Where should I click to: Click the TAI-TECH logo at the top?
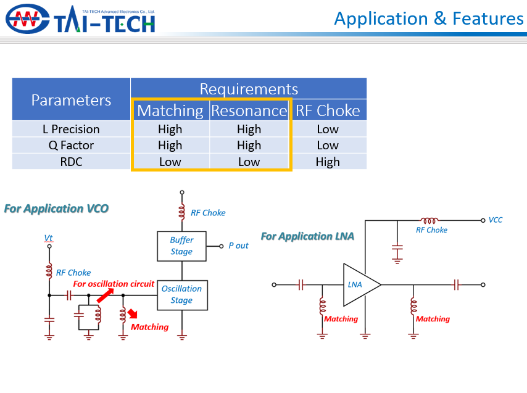tap(80, 19)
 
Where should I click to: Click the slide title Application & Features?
tap(428, 19)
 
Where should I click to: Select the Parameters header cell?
tap(71, 100)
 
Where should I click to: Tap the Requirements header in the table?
tap(249, 89)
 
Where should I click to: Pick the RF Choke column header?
tap(328, 110)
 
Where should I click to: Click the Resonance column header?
tap(249, 110)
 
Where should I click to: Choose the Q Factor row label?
tap(71, 146)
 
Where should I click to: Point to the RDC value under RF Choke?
tap(328, 162)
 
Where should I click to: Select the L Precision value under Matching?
tap(170, 129)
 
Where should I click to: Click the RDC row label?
tap(71, 162)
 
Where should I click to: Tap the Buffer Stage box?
tap(181, 246)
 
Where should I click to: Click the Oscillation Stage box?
tap(181, 294)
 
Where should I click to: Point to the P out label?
tap(238, 246)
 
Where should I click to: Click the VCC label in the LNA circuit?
tap(495, 220)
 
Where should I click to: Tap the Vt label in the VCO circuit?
tap(48, 238)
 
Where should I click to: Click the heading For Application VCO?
tap(56, 209)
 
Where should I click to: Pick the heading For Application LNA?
tap(307, 236)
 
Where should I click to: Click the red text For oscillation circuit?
tap(114, 284)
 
